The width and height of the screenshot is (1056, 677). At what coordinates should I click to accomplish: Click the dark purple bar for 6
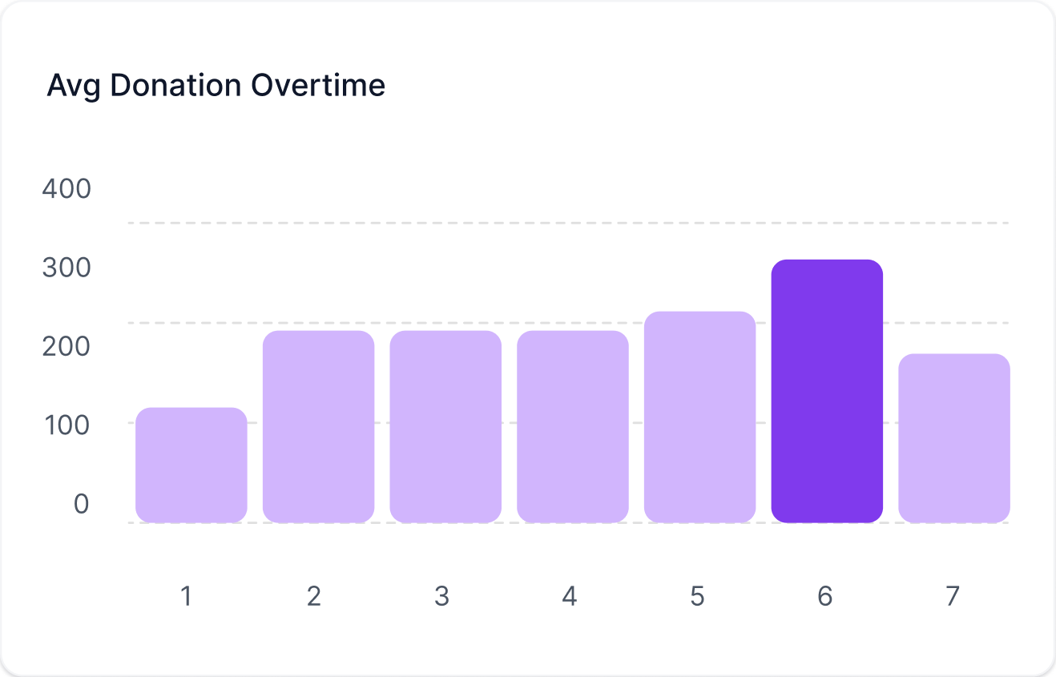pyautogui.click(x=827, y=391)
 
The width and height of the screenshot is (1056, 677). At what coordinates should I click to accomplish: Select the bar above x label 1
pyautogui.click(x=191, y=465)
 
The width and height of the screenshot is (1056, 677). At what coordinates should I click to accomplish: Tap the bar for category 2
pyautogui.click(x=319, y=427)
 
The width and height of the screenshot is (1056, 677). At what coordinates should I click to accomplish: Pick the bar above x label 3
pyautogui.click(x=445, y=427)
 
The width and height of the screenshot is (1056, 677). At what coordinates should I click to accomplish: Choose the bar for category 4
pyautogui.click(x=573, y=427)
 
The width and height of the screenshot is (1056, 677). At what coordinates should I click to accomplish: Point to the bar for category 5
pyautogui.click(x=700, y=417)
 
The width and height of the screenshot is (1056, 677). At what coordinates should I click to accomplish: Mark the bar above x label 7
pyautogui.click(x=954, y=438)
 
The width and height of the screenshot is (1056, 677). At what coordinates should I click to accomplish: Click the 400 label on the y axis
pyautogui.click(x=67, y=188)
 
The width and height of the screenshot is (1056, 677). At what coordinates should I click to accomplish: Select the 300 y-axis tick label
pyautogui.click(x=67, y=268)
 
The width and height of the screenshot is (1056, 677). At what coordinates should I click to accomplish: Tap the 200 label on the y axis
pyautogui.click(x=67, y=346)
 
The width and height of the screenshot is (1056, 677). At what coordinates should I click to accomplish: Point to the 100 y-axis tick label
pyautogui.click(x=67, y=425)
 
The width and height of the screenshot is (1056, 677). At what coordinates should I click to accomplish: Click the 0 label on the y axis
pyautogui.click(x=81, y=503)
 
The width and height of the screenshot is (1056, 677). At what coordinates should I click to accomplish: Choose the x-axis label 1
pyautogui.click(x=186, y=596)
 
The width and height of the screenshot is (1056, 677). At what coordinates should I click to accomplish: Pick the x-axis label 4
pyautogui.click(x=570, y=596)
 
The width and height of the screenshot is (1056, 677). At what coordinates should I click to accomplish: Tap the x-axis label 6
pyautogui.click(x=825, y=596)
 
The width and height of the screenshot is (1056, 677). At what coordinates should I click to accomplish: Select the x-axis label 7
pyautogui.click(x=953, y=596)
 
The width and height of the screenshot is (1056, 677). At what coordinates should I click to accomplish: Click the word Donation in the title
pyautogui.click(x=175, y=86)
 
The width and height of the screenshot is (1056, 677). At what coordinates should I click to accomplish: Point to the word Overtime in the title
pyautogui.click(x=318, y=86)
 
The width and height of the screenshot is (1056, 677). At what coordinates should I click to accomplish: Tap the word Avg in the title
pyautogui.click(x=74, y=87)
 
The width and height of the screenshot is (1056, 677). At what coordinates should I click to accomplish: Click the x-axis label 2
pyautogui.click(x=314, y=596)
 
